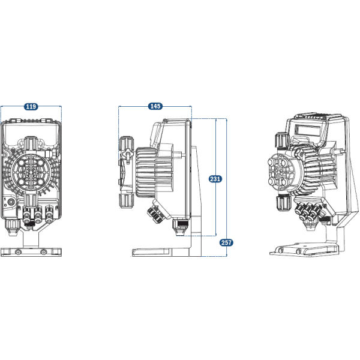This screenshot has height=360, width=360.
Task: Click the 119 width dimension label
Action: (31, 106)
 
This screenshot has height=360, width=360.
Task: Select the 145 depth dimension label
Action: (155, 106)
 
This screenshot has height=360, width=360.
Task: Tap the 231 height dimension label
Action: (214, 178)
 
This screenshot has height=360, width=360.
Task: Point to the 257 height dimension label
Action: (226, 242)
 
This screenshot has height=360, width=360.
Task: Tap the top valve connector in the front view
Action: (31, 143)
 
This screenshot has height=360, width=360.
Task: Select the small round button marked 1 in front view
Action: (9, 203)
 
